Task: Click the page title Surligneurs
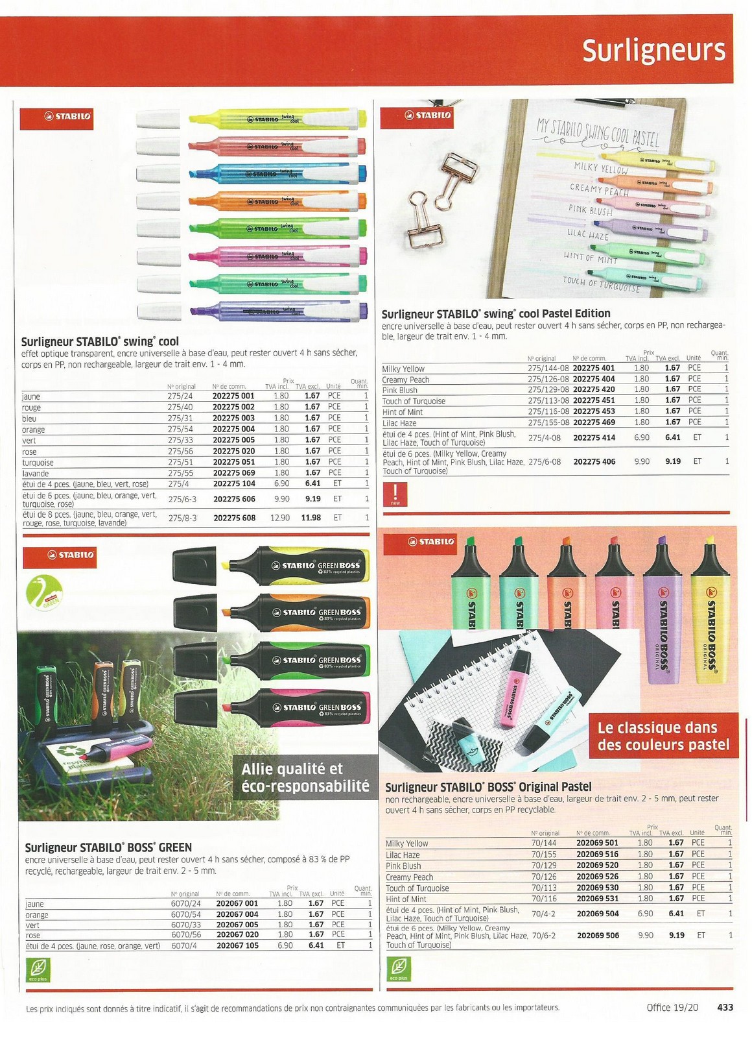click(x=653, y=51)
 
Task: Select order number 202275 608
click(x=234, y=518)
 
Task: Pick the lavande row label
click(x=36, y=474)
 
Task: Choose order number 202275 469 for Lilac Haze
click(x=594, y=422)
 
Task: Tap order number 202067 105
click(x=237, y=945)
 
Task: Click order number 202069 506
click(x=598, y=936)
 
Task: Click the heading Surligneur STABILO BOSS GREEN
click(x=108, y=847)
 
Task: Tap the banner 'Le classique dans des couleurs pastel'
click(x=664, y=736)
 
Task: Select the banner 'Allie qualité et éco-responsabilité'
click(x=305, y=777)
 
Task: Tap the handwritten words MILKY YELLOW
click(x=600, y=169)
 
